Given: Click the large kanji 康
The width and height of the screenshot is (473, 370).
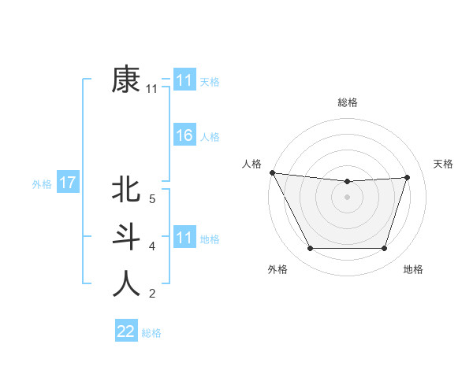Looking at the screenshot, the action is coord(125,80).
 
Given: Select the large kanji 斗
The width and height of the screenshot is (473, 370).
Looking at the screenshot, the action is coord(125,236).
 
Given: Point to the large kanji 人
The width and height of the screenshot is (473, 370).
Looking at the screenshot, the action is coord(125,284).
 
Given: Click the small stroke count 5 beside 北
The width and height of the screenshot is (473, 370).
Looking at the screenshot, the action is coord(151,198).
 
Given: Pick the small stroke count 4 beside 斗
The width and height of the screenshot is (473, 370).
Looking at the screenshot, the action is coord(151,246).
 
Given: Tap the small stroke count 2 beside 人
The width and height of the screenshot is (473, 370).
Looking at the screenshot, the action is coord(151,294).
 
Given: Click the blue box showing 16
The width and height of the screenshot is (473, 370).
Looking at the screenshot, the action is coord(184,135).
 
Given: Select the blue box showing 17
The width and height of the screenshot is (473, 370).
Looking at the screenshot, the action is coord(67,183).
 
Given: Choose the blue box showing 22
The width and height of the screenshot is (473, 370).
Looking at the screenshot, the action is coord(126,331).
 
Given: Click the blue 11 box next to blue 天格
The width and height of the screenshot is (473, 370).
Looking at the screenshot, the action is coord(184,80).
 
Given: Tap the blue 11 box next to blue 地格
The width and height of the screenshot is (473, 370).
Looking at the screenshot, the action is coord(184,238).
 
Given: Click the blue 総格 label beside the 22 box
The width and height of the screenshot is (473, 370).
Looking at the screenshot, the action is coord(151,333).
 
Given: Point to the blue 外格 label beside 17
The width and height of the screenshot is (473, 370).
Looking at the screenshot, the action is coord(42,184).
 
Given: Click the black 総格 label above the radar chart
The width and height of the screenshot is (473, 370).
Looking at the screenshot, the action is coord(348,102).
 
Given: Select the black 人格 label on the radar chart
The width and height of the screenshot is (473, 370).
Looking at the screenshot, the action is coord(251,164).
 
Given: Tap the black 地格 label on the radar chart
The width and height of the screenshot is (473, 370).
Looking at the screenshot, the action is coord(413,269).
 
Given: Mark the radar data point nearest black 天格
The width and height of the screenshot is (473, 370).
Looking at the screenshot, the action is coord(408,177).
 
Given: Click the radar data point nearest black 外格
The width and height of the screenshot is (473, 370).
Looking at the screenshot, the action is coord(310,249).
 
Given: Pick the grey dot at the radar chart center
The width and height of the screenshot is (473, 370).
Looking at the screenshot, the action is coord(347,197).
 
